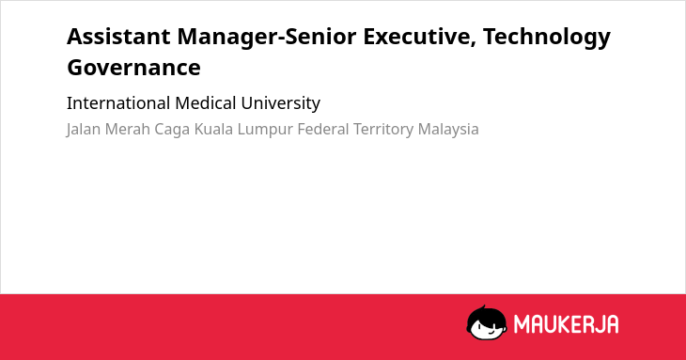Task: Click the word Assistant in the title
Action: pyautogui.click(x=118, y=36)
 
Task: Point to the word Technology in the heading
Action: pyautogui.click(x=547, y=38)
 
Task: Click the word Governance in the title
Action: pyautogui.click(x=133, y=68)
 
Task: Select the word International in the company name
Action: pyautogui.click(x=118, y=103)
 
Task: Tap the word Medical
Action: pyautogui.click(x=206, y=103)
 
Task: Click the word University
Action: pyautogui.click(x=280, y=104)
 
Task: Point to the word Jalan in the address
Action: pyautogui.click(x=83, y=130)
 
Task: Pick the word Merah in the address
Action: pyautogui.click(x=128, y=130)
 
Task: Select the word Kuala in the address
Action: pyautogui.click(x=213, y=130)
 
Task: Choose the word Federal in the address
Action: pyautogui.click(x=323, y=130)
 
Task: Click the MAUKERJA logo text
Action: pyautogui.click(x=566, y=324)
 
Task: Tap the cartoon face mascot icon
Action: pyautogui.click(x=487, y=323)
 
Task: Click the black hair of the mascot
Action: pyautogui.click(x=486, y=315)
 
